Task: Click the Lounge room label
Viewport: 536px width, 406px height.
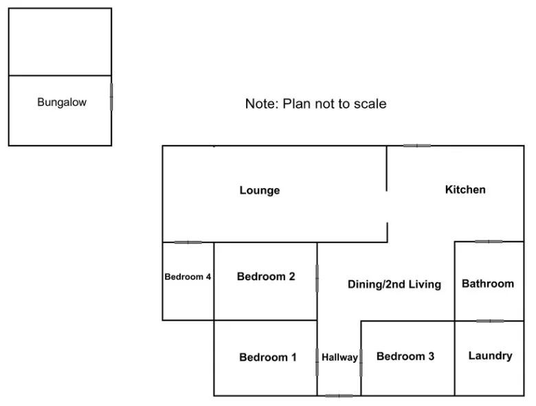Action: tap(259, 190)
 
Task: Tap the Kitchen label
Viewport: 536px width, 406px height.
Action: tap(465, 190)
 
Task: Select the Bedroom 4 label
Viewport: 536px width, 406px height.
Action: tap(188, 277)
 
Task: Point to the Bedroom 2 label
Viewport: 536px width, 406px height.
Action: tap(266, 277)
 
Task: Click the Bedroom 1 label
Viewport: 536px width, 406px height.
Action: tap(267, 357)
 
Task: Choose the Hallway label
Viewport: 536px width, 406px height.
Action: tap(339, 357)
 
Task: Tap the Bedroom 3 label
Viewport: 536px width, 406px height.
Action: tap(405, 357)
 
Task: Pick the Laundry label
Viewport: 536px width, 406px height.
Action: tap(490, 356)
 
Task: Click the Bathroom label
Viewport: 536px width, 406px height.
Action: tap(487, 284)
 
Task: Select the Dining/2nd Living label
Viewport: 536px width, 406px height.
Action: tap(394, 284)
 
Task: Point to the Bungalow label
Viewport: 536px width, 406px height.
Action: tap(62, 103)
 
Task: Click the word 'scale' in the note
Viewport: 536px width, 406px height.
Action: tap(370, 104)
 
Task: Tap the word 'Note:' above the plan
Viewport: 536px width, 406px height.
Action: tap(262, 104)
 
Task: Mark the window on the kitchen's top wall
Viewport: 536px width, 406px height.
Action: tap(416, 146)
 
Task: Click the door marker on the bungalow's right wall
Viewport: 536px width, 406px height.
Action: tap(111, 96)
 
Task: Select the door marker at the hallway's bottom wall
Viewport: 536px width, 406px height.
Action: tap(339, 396)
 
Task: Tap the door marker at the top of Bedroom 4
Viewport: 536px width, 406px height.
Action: tap(188, 243)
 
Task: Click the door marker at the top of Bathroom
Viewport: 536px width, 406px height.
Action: tap(489, 242)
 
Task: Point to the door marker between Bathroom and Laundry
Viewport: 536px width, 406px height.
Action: tap(489, 321)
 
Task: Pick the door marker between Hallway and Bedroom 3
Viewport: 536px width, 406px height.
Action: tap(361, 362)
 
